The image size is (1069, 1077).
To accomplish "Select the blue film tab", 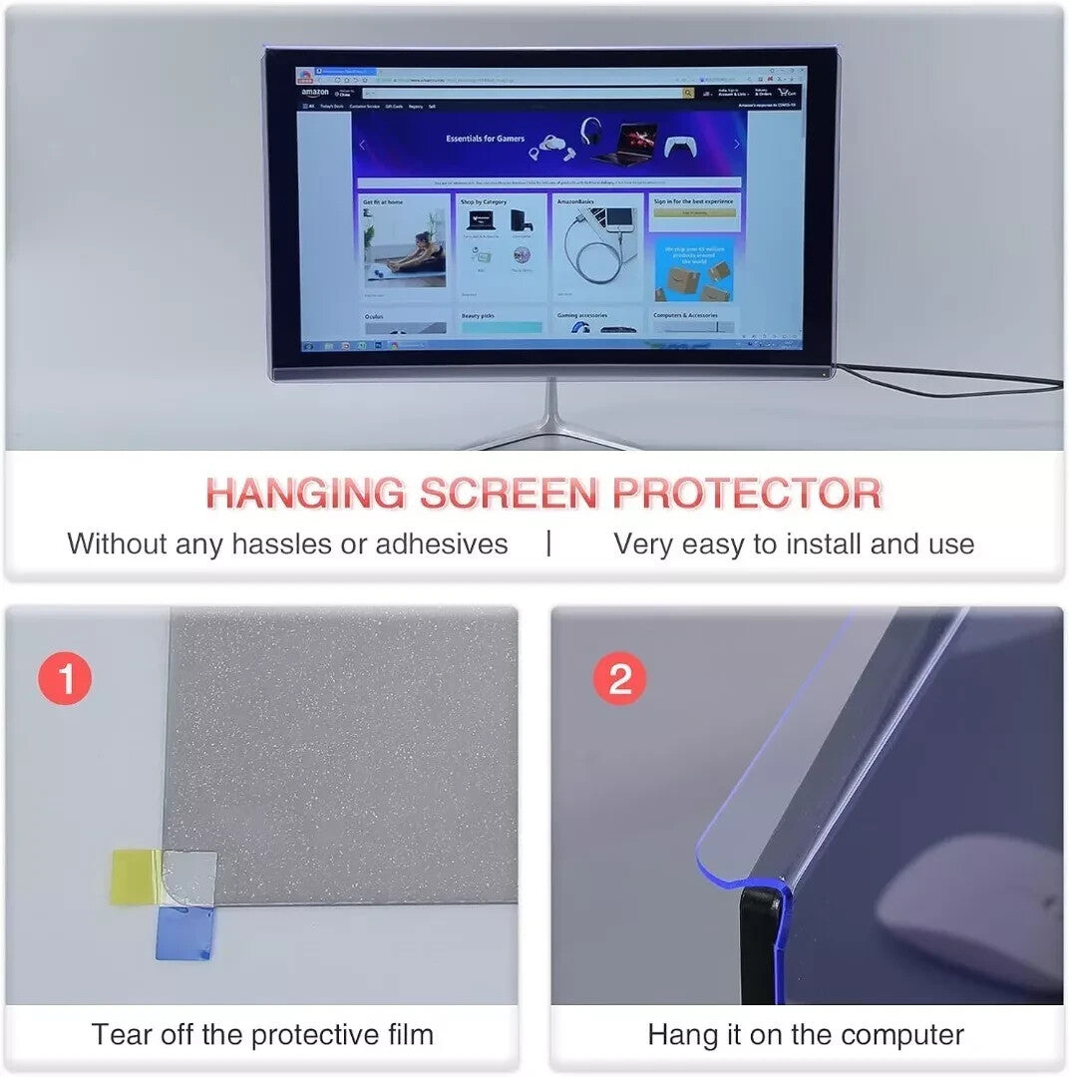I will tap(183, 935).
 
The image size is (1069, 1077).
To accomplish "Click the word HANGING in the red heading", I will tap(306, 494).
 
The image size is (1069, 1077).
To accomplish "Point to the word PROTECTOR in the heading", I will tap(747, 494).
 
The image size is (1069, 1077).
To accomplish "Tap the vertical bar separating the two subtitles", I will tap(548, 543).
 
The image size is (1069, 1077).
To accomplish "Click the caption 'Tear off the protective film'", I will tap(262, 1034).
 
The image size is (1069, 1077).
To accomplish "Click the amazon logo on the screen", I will tap(314, 93).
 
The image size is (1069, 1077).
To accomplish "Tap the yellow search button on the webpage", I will tap(688, 93).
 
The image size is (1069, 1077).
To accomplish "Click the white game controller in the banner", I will tap(680, 146).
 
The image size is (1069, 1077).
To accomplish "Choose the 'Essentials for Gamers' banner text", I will tap(485, 139).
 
